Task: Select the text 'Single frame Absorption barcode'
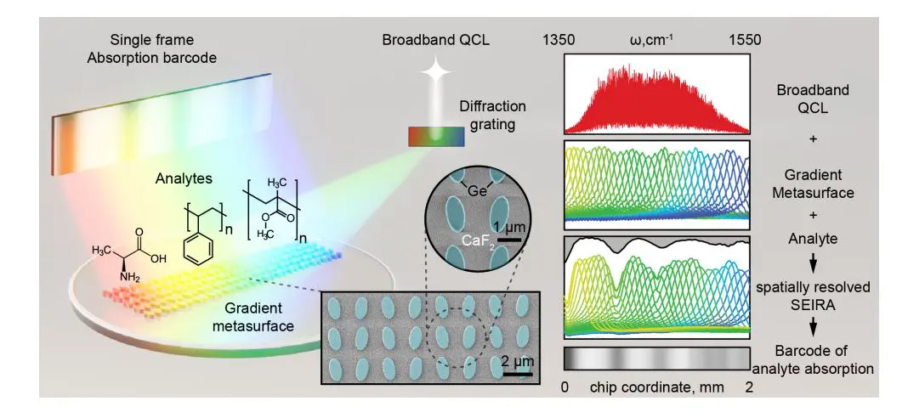click(x=164, y=49)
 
